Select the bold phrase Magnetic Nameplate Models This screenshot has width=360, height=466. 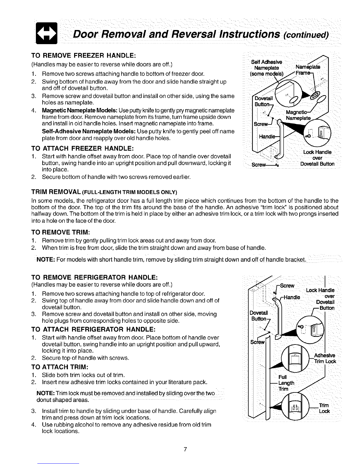[x=80, y=110]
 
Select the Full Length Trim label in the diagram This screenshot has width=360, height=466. [x=285, y=383]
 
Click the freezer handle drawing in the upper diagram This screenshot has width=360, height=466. [x=279, y=141]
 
